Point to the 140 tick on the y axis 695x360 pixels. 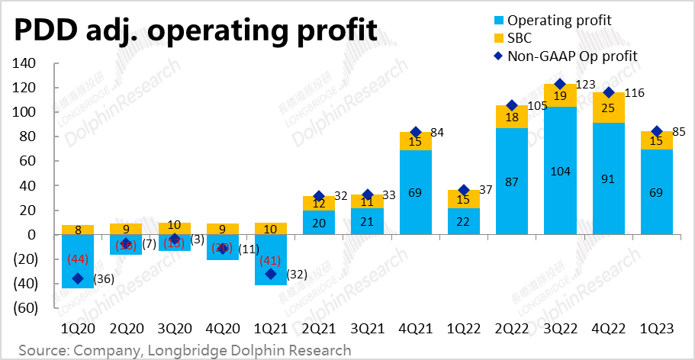tap(25, 64)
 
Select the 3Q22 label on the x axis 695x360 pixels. tap(560, 329)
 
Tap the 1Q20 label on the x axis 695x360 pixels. tap(78, 329)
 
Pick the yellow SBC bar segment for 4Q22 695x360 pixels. tap(608, 107)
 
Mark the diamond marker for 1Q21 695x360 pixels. tap(270, 275)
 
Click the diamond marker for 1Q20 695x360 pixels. tap(78, 279)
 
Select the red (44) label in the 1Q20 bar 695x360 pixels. tap(78, 259)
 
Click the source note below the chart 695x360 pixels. tap(185, 350)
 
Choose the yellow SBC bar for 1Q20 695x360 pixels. tap(78, 230)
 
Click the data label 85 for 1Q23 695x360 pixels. tap(681, 131)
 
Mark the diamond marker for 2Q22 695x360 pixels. tap(512, 106)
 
